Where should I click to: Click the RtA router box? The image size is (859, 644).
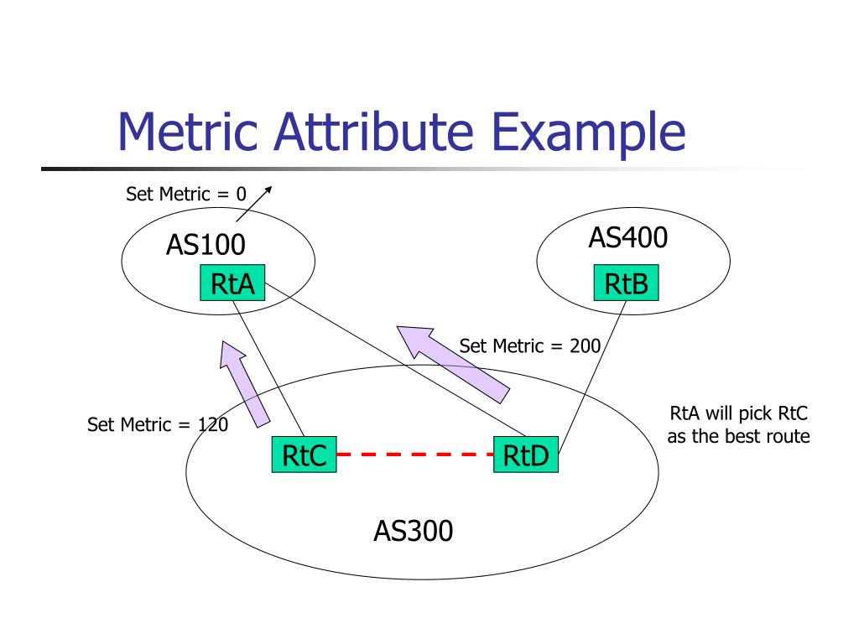232,283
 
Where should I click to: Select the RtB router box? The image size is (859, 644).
626,283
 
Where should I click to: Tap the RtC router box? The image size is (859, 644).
303,455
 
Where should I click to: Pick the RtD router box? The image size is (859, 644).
526,455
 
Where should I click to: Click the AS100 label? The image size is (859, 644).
206,245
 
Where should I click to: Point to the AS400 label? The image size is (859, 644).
627,238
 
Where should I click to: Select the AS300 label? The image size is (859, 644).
413,531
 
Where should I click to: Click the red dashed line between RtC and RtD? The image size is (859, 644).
414,454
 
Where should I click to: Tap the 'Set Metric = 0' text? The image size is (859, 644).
186,195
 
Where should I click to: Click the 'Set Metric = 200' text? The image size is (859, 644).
529,345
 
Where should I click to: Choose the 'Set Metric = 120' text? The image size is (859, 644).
158,424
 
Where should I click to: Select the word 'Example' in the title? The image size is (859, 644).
588,134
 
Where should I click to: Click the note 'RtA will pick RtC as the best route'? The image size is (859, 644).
738,424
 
